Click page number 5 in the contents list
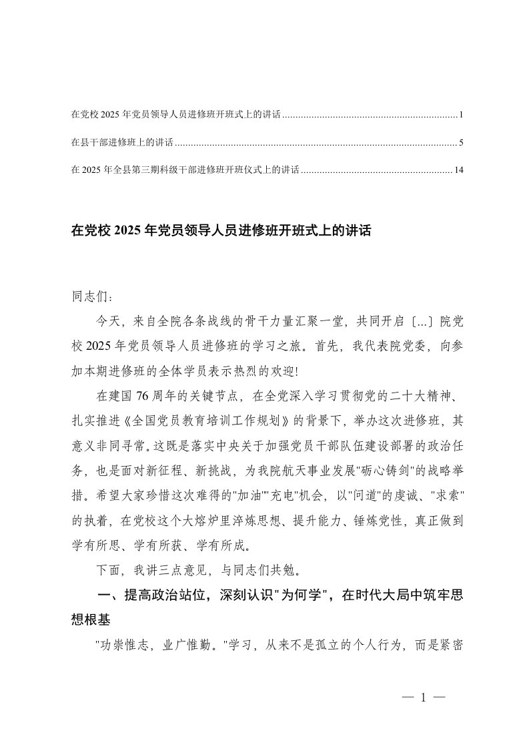[x=461, y=143]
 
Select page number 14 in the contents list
[x=458, y=170]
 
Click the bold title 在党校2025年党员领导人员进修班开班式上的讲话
[x=220, y=232]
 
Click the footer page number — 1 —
[x=423, y=698]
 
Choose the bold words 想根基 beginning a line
[x=94, y=621]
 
